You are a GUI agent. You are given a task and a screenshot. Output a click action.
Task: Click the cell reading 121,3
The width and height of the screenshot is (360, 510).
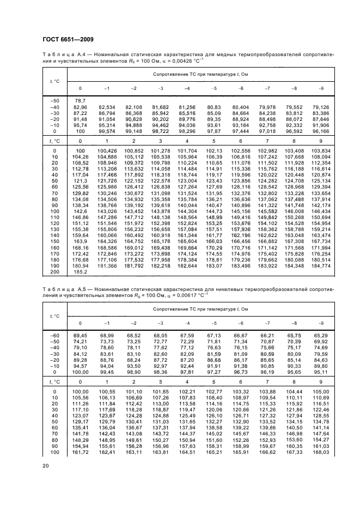click(81, 180)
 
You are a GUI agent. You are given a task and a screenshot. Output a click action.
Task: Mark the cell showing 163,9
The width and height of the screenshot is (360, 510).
click(81, 241)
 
